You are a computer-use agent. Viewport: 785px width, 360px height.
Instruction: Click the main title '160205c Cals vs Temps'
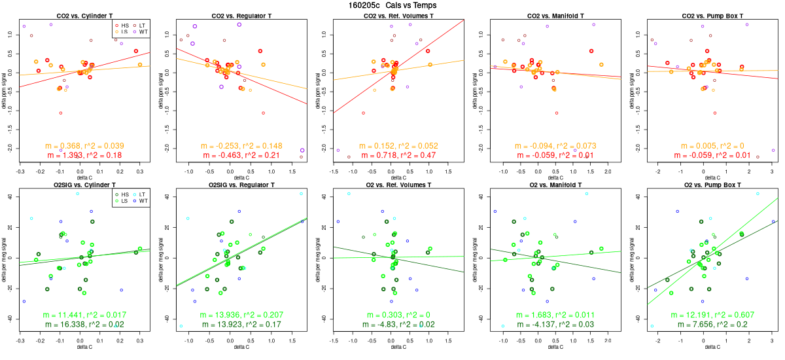pyautogui.click(x=392, y=5)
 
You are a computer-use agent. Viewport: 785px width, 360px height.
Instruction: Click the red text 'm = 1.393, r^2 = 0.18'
pyautogui.click(x=84, y=155)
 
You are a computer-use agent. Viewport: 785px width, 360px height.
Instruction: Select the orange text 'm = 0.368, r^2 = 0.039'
pyautogui.click(x=84, y=145)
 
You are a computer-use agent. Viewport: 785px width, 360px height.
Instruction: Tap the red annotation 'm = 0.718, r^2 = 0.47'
pyautogui.click(x=398, y=155)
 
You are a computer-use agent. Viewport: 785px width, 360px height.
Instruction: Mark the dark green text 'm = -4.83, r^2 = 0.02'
pyautogui.click(x=398, y=325)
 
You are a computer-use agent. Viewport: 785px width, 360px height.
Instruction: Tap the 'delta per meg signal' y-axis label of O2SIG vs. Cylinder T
pyautogui.click(x=5, y=258)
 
